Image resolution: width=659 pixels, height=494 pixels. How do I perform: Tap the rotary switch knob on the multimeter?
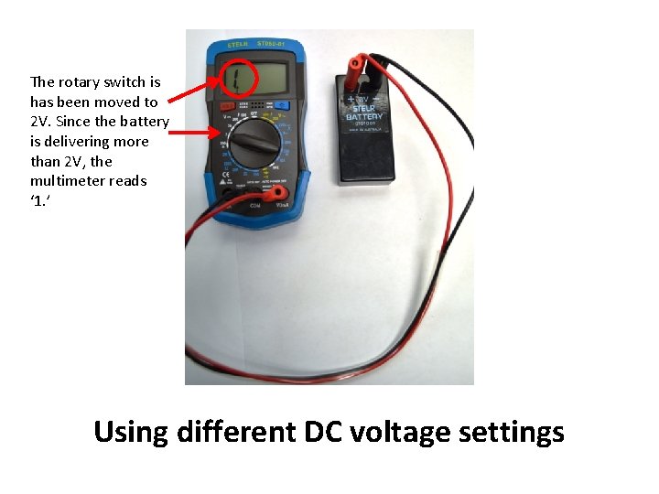(x=252, y=145)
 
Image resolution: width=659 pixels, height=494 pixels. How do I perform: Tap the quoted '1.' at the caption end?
(x=38, y=201)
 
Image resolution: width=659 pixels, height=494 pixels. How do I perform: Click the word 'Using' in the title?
(x=130, y=431)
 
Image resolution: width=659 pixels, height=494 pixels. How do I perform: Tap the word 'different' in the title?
(x=237, y=431)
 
